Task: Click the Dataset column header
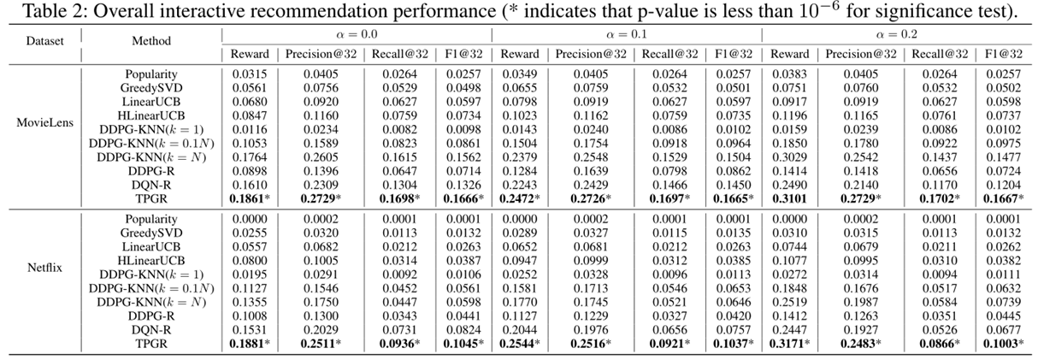tap(43, 40)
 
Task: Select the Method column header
tap(150, 40)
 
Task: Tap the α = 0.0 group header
tap(357, 34)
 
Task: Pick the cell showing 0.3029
tap(789, 156)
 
